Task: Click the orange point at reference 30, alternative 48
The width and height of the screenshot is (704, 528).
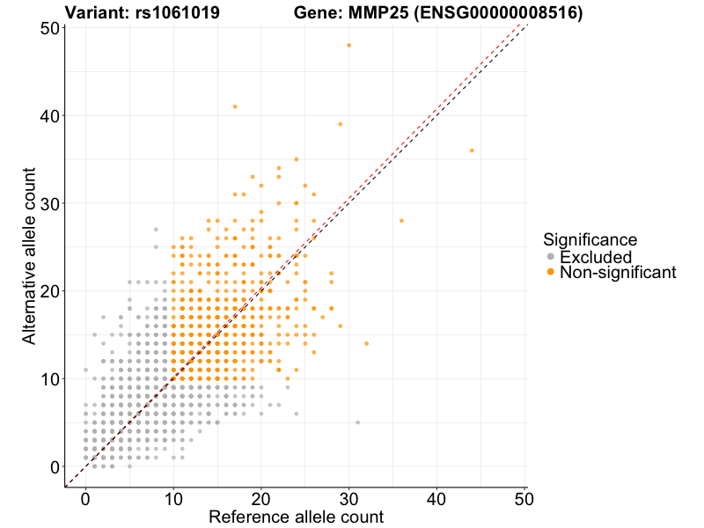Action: coord(349,45)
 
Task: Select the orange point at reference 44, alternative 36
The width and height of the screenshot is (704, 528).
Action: coord(472,150)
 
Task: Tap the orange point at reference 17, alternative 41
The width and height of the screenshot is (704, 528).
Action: coord(235,106)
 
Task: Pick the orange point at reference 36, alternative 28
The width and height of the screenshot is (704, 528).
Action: coord(402,221)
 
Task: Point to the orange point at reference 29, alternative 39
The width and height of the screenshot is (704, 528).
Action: coord(341,124)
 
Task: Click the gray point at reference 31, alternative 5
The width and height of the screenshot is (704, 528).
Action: coord(358,422)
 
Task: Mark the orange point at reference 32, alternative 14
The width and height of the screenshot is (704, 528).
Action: coord(367,343)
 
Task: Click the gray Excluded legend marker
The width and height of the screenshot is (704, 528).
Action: coord(551,257)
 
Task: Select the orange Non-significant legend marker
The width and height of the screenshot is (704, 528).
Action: coord(551,273)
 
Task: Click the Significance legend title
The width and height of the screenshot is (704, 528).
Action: coord(590,239)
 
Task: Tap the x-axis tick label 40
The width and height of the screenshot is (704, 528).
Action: coord(437,498)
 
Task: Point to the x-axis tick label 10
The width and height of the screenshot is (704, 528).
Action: coord(173,498)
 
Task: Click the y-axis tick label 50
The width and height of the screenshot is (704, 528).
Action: coord(50,28)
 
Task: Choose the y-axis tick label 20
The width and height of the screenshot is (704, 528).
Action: coord(50,291)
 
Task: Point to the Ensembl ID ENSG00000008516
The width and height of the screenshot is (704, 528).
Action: coord(499,12)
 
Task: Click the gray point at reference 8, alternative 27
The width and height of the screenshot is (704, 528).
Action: coord(156,230)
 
